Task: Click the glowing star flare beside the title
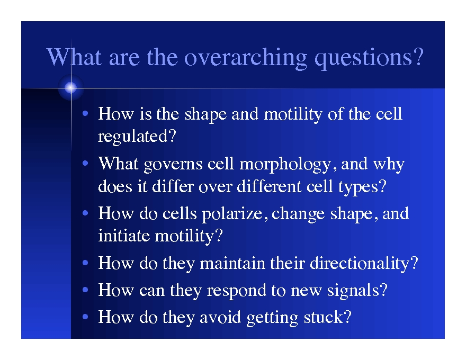(x=70, y=88)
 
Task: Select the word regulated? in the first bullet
(x=137, y=137)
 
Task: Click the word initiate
(x=124, y=236)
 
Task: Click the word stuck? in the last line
(x=327, y=318)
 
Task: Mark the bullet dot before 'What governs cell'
(x=85, y=165)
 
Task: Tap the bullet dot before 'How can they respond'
(x=85, y=291)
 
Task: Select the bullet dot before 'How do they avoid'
(x=85, y=318)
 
